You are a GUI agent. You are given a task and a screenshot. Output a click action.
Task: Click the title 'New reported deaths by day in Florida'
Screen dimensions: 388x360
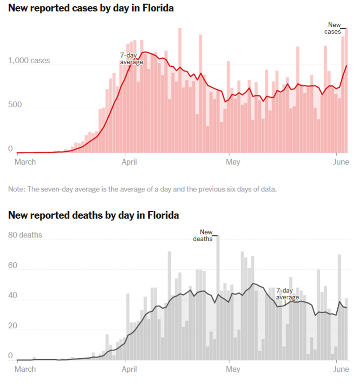click(x=94, y=215)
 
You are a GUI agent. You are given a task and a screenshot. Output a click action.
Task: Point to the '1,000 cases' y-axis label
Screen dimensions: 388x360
click(x=29, y=61)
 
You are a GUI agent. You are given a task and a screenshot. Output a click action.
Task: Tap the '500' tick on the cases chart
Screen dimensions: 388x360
click(x=15, y=105)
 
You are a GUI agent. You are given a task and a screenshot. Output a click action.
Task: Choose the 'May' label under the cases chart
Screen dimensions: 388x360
click(x=233, y=162)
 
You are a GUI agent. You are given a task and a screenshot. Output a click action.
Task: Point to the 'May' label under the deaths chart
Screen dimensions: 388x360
click(x=233, y=369)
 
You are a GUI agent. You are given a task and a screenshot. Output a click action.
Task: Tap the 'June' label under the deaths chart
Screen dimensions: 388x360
click(x=342, y=369)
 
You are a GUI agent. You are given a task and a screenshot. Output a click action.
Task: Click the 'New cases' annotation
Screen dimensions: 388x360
click(x=333, y=28)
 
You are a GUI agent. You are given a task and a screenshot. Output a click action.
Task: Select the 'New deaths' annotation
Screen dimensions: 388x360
click(x=203, y=235)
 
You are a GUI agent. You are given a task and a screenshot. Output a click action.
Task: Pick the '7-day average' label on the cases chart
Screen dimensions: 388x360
click(x=131, y=59)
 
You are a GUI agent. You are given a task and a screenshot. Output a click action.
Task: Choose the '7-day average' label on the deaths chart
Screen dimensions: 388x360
click(x=288, y=294)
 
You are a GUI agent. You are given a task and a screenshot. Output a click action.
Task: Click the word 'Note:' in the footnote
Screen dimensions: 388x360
click(x=17, y=189)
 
